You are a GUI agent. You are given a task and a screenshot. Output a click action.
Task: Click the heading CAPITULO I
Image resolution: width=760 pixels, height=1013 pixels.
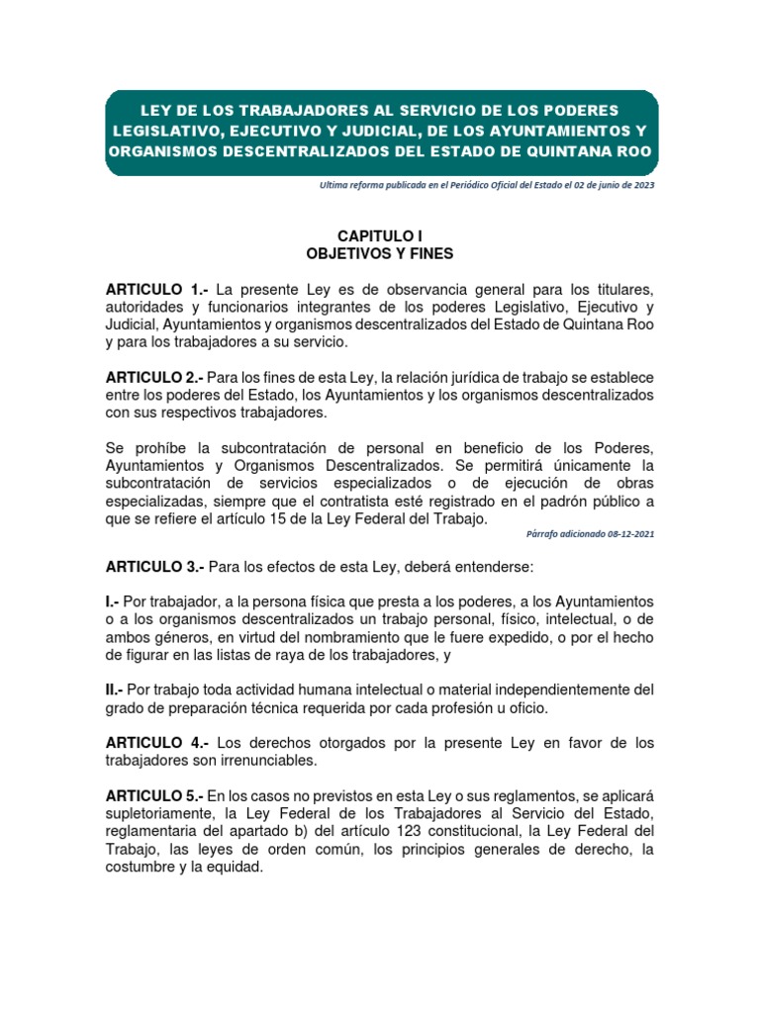(x=380, y=236)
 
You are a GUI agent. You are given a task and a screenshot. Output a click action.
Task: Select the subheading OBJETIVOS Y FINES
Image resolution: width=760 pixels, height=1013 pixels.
(x=380, y=253)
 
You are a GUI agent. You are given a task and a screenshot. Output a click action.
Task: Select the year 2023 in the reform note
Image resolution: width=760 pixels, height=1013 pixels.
(x=640, y=185)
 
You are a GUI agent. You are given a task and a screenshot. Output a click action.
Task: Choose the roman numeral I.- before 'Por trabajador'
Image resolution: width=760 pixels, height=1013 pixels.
(x=114, y=601)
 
